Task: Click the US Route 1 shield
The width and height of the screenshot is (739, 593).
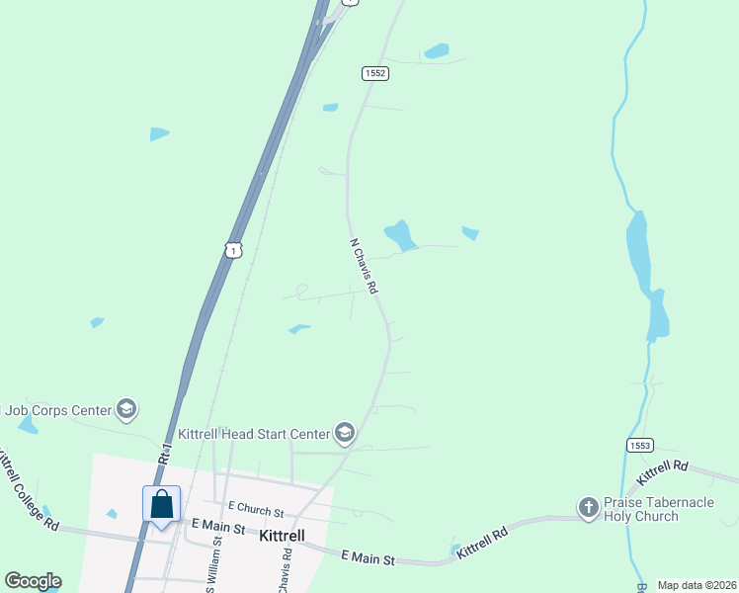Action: [x=233, y=249]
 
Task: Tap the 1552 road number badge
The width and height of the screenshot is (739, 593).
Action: [x=374, y=73]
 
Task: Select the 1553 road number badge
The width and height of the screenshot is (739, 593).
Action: [x=639, y=447]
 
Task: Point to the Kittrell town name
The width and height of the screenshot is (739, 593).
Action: [x=281, y=537]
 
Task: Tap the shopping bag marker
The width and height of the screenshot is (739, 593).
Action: [x=162, y=504]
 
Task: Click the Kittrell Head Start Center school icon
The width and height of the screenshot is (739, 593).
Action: [x=344, y=433]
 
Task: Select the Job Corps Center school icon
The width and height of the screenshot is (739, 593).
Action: [x=125, y=408]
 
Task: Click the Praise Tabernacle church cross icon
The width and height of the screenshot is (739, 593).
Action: [x=588, y=508]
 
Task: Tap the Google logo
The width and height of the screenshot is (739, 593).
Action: [x=33, y=581]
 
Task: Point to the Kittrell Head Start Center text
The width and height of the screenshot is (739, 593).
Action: [x=253, y=434]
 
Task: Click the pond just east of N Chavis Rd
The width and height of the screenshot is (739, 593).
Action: [x=399, y=235]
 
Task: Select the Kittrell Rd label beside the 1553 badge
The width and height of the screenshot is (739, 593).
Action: [x=662, y=470]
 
